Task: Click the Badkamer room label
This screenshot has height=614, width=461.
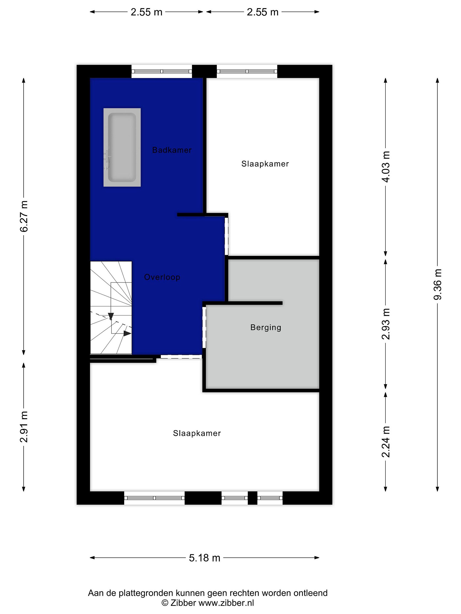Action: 172,150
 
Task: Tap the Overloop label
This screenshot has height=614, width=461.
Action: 162,277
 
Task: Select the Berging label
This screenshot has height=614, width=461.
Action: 266,327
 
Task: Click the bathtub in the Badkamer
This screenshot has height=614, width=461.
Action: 122,147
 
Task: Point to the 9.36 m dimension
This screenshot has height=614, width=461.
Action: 437,285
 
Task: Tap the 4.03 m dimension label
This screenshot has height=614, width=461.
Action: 386,167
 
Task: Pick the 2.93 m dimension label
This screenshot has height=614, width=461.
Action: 386,324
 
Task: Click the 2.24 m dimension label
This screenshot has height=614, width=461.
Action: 386,442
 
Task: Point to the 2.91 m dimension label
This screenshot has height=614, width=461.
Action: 24,427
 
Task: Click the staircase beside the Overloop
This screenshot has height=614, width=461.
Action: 111,308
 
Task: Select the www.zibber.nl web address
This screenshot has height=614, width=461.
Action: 226,603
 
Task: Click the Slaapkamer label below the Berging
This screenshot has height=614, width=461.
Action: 197,433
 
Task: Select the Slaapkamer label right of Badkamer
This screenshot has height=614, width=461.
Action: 265,164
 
